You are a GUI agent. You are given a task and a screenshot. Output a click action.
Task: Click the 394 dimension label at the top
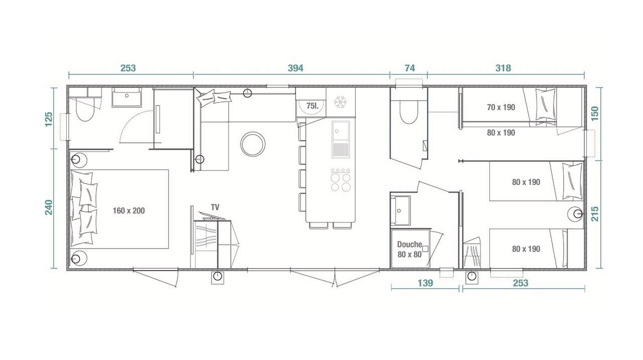click(x=295, y=68)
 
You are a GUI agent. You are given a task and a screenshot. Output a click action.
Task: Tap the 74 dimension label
click(x=409, y=68)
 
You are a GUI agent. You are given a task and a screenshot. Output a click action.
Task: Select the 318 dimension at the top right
click(x=503, y=68)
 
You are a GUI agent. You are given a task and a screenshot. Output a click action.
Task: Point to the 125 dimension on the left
click(x=49, y=120)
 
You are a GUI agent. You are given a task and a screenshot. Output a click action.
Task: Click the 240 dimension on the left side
click(x=49, y=208)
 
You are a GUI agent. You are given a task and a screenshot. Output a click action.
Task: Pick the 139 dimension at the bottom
click(x=425, y=283)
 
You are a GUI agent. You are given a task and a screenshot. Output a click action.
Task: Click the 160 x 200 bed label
click(x=129, y=211)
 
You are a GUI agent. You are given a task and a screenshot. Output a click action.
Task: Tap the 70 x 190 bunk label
click(x=501, y=107)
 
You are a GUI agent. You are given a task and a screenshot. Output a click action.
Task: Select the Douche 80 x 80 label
click(x=409, y=249)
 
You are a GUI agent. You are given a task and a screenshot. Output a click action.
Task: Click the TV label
click(x=215, y=207)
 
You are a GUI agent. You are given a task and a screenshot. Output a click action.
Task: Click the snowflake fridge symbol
click(x=341, y=102)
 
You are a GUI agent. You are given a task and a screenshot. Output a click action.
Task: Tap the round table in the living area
click(x=253, y=144)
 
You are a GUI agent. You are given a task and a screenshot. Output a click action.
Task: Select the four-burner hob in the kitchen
click(x=341, y=181)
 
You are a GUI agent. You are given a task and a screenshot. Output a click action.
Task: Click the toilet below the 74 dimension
click(x=408, y=113)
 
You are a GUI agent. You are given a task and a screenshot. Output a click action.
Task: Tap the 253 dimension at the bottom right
click(x=521, y=283)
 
